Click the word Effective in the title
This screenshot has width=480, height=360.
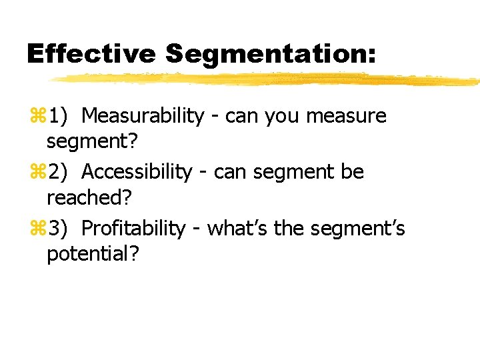(x=90, y=54)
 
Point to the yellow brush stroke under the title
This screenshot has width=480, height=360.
(x=267, y=80)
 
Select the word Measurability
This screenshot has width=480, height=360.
(x=143, y=116)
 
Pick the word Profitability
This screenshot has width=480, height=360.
(x=133, y=229)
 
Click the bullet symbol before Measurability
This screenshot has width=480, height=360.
(x=37, y=117)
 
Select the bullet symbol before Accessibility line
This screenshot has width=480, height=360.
(x=37, y=173)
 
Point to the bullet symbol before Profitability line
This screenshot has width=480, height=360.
(x=37, y=229)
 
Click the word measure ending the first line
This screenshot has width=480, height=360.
(x=346, y=117)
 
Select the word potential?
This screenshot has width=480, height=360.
(x=93, y=255)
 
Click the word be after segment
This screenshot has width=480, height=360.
(x=352, y=172)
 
